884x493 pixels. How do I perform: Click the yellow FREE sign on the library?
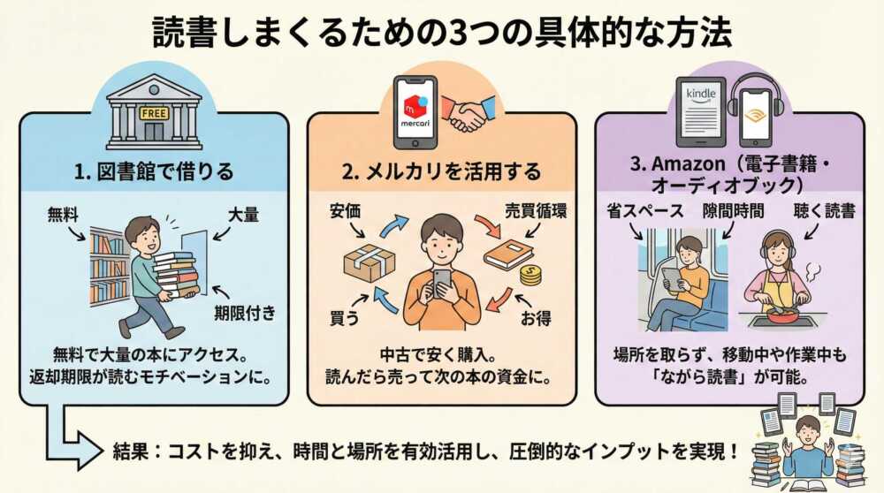coord(154,113)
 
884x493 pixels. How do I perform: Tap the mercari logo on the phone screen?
coord(415,110)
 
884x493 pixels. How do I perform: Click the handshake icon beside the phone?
coord(468,112)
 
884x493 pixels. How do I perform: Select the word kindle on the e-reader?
coord(701,93)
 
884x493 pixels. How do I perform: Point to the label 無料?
coord(63,215)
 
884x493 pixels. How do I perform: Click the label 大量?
coord(243,215)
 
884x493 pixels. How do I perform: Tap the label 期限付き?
coord(245,312)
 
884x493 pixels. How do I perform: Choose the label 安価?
coord(345,211)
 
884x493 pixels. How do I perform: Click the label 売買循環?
coord(536,211)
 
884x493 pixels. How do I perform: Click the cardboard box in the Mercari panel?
coord(370,262)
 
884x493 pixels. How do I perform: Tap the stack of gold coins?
coord(530,276)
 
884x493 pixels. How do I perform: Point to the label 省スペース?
coord(645,211)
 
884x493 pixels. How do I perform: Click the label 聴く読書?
coord(824,211)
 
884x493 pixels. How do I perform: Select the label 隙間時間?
coord(733,211)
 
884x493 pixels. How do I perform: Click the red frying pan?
coord(781,315)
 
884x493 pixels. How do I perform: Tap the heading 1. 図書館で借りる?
coord(154,171)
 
